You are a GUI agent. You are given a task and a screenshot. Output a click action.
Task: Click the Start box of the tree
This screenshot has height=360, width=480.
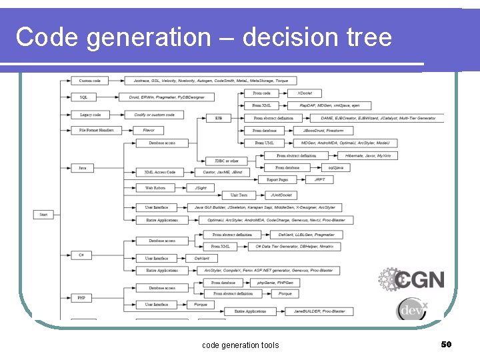(x=43, y=215)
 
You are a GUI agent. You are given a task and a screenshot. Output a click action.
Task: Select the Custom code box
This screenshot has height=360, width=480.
(x=90, y=81)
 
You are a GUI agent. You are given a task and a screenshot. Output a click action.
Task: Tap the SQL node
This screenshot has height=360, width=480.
(x=83, y=97)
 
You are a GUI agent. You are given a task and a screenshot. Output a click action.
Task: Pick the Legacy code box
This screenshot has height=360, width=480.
(x=90, y=115)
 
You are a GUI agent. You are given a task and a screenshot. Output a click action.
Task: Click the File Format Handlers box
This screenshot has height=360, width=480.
(x=96, y=131)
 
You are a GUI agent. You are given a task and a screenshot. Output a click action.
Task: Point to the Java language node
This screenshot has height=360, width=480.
(x=81, y=168)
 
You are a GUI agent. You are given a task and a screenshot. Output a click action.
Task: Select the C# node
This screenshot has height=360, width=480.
(x=81, y=255)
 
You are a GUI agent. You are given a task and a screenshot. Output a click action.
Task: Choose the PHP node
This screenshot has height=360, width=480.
(x=81, y=298)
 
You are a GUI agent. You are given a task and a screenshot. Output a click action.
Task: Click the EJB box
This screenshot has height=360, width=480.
(x=218, y=118)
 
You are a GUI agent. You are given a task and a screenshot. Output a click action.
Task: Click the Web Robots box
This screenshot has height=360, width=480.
(x=155, y=188)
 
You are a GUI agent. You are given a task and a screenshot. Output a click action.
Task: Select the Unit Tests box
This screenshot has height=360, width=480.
(x=239, y=195)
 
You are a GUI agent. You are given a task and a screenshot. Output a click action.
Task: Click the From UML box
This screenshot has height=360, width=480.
(x=264, y=143)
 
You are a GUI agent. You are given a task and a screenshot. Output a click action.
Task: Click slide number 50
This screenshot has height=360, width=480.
(x=446, y=344)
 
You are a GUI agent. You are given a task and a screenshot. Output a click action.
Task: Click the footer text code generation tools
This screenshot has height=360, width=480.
(x=240, y=345)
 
